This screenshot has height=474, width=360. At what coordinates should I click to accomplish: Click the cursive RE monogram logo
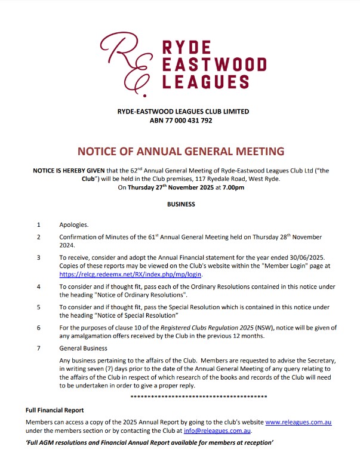pos(127,59)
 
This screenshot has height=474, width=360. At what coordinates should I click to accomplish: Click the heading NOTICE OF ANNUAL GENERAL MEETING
pos(181,151)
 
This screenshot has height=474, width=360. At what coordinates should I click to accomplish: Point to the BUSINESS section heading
pos(180,204)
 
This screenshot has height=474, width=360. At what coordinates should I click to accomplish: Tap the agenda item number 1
pos(39,225)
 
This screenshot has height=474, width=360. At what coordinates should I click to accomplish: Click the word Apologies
pos(73,225)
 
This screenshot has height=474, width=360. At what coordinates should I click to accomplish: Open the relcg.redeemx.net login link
pos(131,275)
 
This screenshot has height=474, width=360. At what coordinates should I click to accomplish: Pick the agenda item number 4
pos(39,287)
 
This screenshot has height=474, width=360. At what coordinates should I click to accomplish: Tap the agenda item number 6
pos(39,328)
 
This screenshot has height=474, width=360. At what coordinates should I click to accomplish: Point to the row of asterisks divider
pos(198,396)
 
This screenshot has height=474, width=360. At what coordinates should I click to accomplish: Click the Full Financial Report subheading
pos(54,411)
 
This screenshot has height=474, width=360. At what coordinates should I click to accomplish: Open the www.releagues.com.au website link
pos(298,422)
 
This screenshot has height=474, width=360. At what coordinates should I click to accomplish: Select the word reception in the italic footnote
pos(255,444)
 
